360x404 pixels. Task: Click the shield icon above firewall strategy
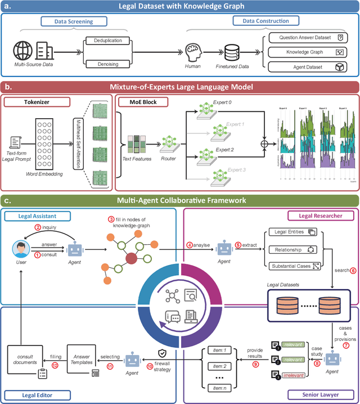click(163, 352)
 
